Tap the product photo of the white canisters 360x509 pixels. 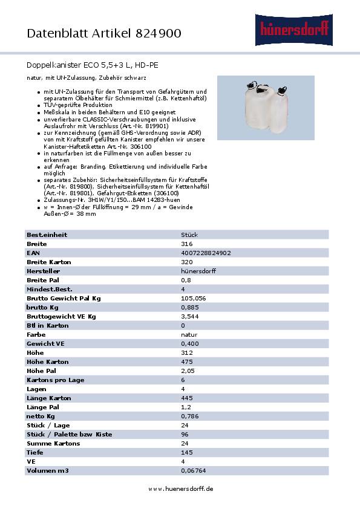point(266,106)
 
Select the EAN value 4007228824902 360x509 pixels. point(206,253)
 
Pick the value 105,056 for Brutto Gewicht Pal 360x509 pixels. point(194,298)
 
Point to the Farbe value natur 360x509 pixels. point(189,334)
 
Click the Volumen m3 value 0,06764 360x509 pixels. point(193,470)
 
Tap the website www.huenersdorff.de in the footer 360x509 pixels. point(180,488)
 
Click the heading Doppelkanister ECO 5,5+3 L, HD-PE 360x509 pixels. point(93,64)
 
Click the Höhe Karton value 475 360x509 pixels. point(187,361)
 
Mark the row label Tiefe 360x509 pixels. point(35,452)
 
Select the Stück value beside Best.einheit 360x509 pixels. point(189,235)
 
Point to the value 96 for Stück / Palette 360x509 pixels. point(185,434)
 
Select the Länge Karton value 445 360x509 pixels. point(187,398)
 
